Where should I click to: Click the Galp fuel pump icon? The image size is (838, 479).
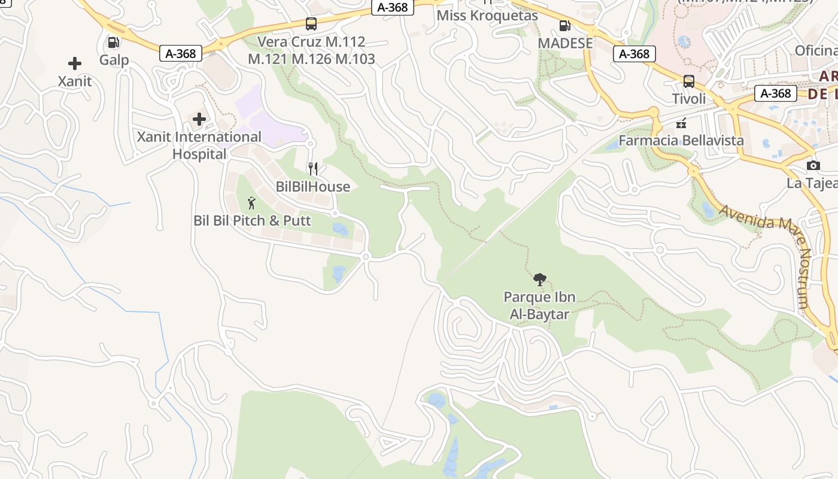point(113,43)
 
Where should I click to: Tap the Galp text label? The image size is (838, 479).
point(114,60)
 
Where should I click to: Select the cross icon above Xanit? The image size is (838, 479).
point(75,63)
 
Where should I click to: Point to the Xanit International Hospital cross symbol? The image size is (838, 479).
point(199,119)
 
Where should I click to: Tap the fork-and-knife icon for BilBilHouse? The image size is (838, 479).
point(312,169)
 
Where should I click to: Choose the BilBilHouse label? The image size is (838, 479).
point(312,187)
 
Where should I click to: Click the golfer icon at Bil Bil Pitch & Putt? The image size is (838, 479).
point(251,203)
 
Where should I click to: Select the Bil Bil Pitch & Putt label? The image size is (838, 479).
point(252,221)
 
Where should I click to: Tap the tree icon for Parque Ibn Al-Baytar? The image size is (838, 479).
point(539,279)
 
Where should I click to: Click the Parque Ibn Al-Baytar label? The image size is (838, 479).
point(539,305)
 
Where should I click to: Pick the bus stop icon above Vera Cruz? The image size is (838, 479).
point(311,24)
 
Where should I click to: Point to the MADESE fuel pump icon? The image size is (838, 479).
point(564,26)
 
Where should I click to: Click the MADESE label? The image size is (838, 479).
point(565,43)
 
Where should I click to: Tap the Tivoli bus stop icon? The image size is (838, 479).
point(689,81)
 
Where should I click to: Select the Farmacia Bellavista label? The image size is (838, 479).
point(681,141)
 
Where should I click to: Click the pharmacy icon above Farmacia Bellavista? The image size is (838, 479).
point(681,123)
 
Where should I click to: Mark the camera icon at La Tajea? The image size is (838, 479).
point(813,165)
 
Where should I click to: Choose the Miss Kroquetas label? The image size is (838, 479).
point(487,16)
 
